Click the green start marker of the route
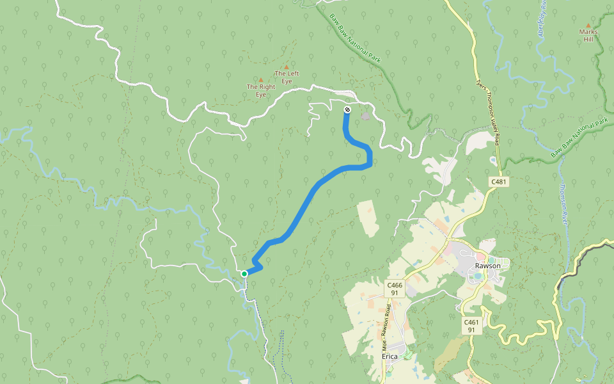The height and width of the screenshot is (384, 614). [244, 274]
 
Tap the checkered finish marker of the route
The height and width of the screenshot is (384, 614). [347, 110]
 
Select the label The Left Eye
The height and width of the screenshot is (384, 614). [287, 77]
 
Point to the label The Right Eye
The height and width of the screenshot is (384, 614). [261, 90]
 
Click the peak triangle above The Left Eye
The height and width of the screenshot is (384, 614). [287, 67]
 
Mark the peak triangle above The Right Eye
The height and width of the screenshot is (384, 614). [261, 80]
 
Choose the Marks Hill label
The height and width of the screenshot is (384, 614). [588, 35]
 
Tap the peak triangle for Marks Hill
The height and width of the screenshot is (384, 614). [588, 26]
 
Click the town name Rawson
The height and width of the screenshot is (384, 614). [487, 266]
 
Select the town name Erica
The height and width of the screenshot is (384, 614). [390, 356]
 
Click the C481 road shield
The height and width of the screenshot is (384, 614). [499, 182]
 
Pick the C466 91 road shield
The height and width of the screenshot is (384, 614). [395, 289]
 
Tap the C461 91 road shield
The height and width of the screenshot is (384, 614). [471, 326]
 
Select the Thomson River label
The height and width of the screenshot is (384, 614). [563, 198]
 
